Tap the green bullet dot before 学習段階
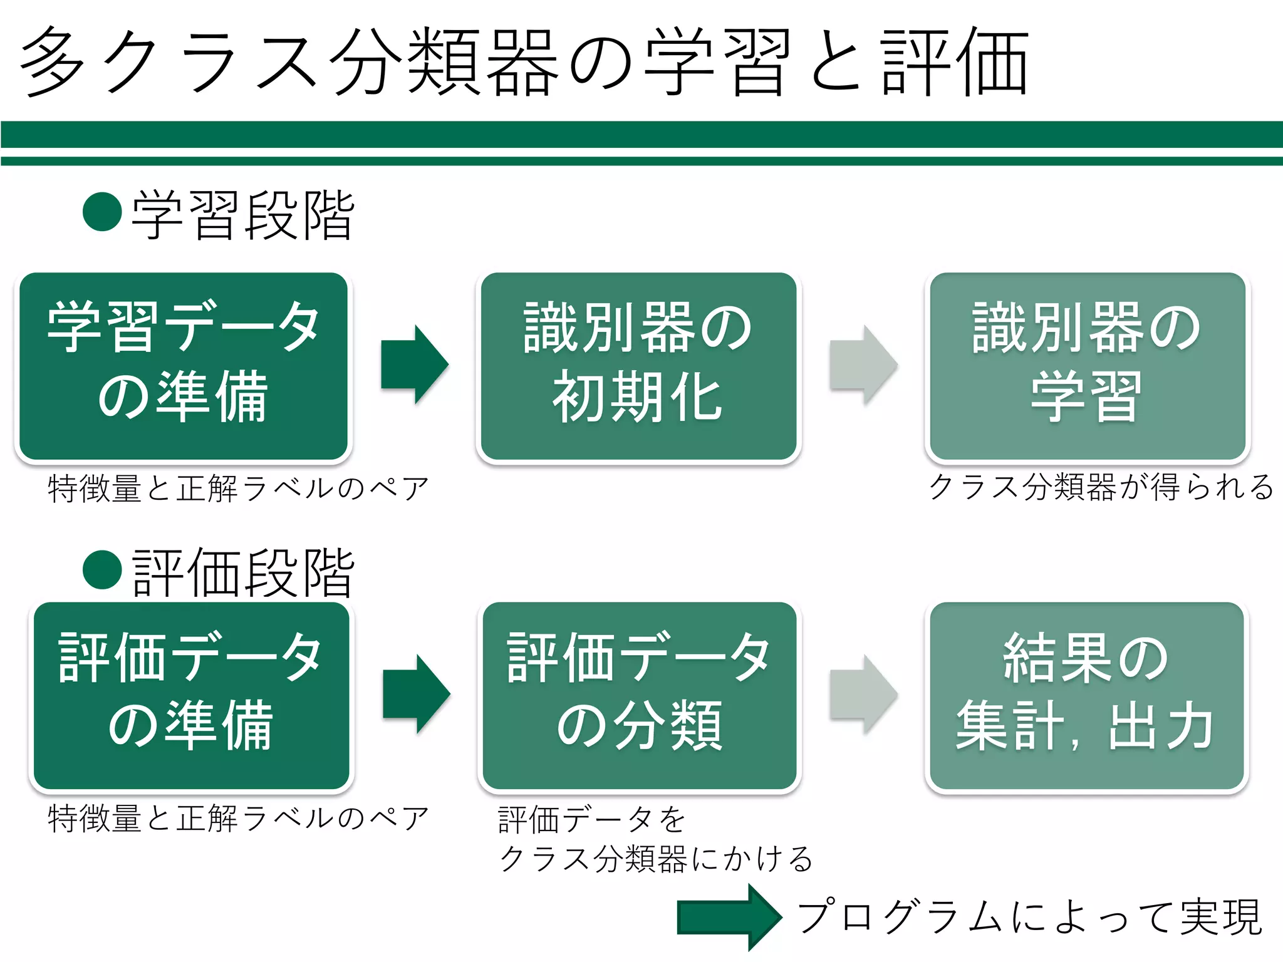[x=102, y=212]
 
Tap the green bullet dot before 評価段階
[x=102, y=569]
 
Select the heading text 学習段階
[x=243, y=215]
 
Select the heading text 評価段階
[x=243, y=572]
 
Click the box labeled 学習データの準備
[x=183, y=366]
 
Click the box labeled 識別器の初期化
[x=638, y=366]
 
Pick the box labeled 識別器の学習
[x=1087, y=366]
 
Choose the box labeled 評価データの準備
[x=191, y=696]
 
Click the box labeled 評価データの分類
[x=639, y=696]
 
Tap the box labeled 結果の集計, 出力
[x=1086, y=696]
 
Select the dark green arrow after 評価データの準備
[x=415, y=694]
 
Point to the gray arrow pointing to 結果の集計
[x=863, y=694]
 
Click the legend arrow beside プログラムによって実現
[x=729, y=918]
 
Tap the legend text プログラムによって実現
[x=1029, y=918]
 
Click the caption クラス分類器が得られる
[x=1101, y=487]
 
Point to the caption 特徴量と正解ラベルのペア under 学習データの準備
[x=238, y=489]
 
